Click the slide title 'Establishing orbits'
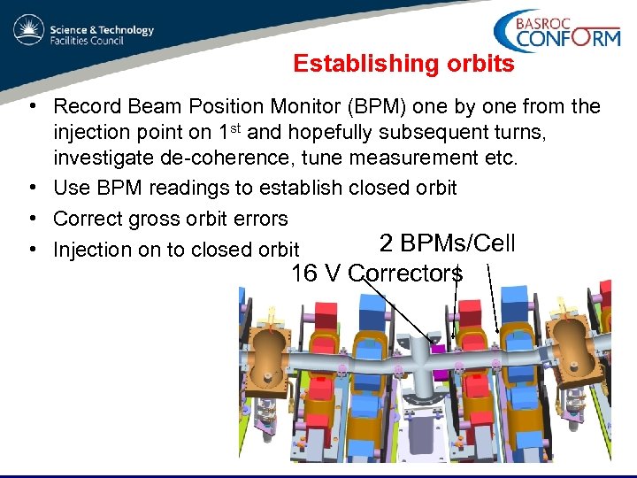(403, 64)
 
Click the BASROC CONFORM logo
(556, 32)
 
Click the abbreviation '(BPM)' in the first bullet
(379, 107)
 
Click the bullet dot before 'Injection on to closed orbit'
(32, 250)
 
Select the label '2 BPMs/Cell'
(447, 243)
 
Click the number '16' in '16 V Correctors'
(303, 274)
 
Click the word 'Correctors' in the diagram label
(405, 274)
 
